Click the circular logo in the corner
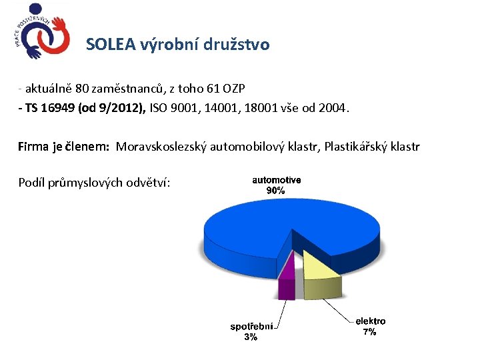click(x=41, y=31)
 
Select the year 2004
click(x=333, y=108)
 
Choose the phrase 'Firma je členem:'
click(x=64, y=147)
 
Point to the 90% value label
click(x=276, y=191)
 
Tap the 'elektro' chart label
click(x=370, y=321)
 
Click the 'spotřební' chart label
click(x=252, y=327)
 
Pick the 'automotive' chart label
click(x=276, y=180)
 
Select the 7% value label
click(x=369, y=332)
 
